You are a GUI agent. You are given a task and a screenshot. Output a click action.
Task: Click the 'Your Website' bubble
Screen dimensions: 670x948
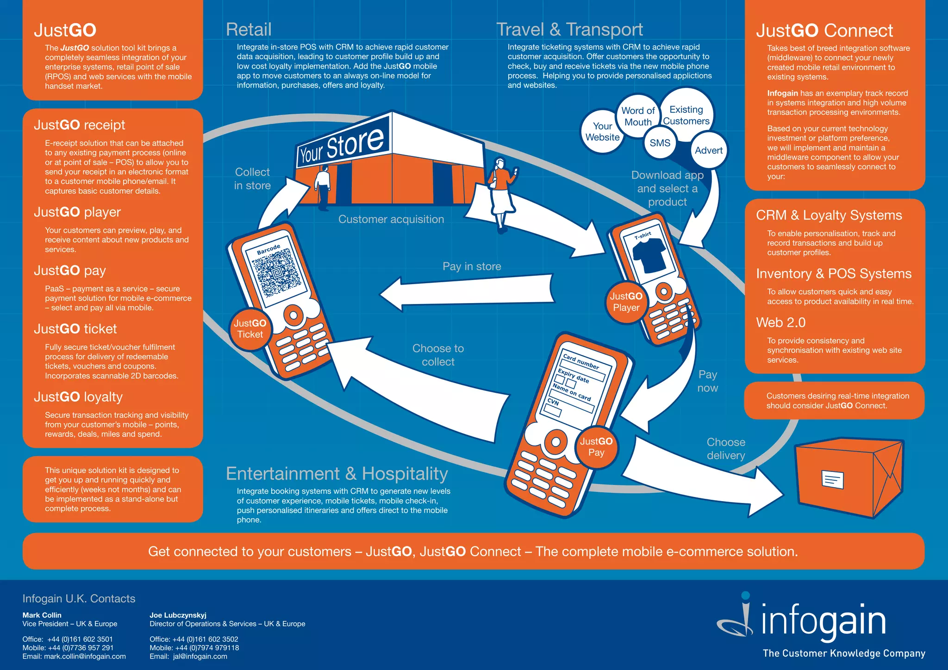(602, 131)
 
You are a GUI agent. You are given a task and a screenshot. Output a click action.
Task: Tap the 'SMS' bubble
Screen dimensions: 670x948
(660, 143)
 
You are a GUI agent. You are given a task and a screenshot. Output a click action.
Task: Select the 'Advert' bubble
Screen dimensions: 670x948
(708, 150)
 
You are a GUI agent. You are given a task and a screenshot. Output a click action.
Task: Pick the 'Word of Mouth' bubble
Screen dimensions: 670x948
(638, 117)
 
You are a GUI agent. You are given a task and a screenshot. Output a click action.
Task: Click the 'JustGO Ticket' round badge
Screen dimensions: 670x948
(250, 329)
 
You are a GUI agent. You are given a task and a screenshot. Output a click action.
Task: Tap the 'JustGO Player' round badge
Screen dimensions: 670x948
(626, 302)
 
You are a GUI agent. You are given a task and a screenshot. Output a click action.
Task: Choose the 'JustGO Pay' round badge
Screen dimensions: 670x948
(596, 447)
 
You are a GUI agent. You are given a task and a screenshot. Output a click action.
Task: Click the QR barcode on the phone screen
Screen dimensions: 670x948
(276, 273)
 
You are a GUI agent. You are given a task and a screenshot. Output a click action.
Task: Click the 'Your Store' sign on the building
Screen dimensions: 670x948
(342, 146)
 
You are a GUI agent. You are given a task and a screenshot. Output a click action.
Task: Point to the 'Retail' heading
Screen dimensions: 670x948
(249, 30)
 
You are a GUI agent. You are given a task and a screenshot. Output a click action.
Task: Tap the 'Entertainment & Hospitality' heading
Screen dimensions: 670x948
(337, 474)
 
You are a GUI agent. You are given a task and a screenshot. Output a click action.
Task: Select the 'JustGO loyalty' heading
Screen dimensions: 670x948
(78, 397)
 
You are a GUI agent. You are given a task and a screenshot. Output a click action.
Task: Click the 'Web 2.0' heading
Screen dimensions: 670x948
(780, 323)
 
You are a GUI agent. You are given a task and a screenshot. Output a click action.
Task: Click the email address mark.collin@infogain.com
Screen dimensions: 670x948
(85, 656)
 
